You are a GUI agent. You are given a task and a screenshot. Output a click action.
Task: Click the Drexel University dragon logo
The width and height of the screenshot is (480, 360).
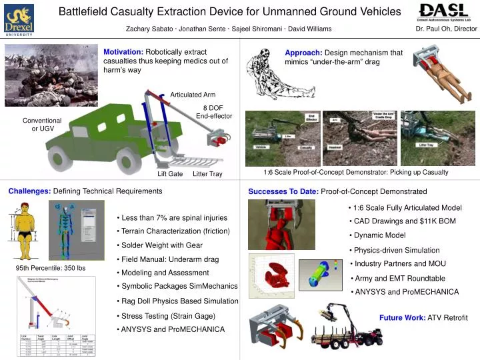click(x=19, y=19)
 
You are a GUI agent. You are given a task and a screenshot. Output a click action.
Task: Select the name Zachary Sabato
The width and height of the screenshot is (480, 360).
click(x=151, y=29)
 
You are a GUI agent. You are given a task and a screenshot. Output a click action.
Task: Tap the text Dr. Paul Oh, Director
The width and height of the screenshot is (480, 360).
click(x=446, y=29)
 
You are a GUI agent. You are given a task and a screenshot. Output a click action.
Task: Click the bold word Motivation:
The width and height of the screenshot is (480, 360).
click(x=123, y=52)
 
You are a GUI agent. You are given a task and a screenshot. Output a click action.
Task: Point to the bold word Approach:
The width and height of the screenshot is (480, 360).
click(x=303, y=53)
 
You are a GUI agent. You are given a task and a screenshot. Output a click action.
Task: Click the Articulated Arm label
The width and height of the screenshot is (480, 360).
click(x=192, y=94)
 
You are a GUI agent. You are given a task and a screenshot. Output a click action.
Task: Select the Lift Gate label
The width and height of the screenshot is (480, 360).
click(x=170, y=174)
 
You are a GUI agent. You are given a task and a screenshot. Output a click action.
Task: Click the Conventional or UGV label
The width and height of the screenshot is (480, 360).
click(x=42, y=124)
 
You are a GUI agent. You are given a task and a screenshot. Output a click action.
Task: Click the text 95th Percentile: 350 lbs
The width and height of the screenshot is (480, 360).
click(x=51, y=268)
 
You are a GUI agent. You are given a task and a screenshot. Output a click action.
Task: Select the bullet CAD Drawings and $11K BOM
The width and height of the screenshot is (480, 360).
click(x=405, y=221)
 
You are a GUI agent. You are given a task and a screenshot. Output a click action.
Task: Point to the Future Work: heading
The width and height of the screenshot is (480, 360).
click(x=402, y=317)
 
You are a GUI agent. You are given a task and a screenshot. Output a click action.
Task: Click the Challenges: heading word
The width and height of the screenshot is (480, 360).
click(x=29, y=191)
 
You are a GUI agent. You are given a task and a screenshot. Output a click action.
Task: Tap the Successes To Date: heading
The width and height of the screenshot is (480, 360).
click(x=283, y=191)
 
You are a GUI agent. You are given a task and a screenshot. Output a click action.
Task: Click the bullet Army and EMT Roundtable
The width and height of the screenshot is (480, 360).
click(x=399, y=278)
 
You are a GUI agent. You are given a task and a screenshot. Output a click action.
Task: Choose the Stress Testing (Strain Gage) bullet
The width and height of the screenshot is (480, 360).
click(x=167, y=315)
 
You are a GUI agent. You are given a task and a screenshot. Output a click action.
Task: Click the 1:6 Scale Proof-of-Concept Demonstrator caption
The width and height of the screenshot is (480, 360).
click(x=355, y=172)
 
